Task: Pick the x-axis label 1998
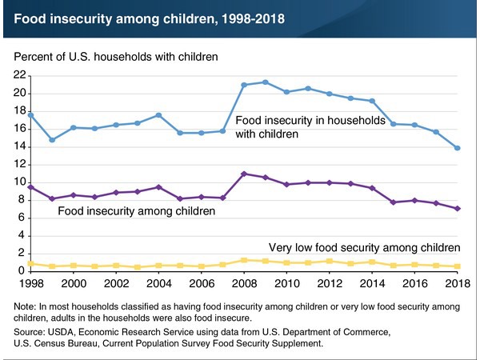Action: pos(31,284)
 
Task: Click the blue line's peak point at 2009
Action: pos(265,82)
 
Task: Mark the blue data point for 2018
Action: pos(456,148)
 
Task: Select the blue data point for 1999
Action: pos(52,139)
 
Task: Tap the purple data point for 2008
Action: pos(243,174)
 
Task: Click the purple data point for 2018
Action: pos(456,208)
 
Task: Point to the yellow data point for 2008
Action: pos(243,260)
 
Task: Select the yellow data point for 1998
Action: pos(31,263)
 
